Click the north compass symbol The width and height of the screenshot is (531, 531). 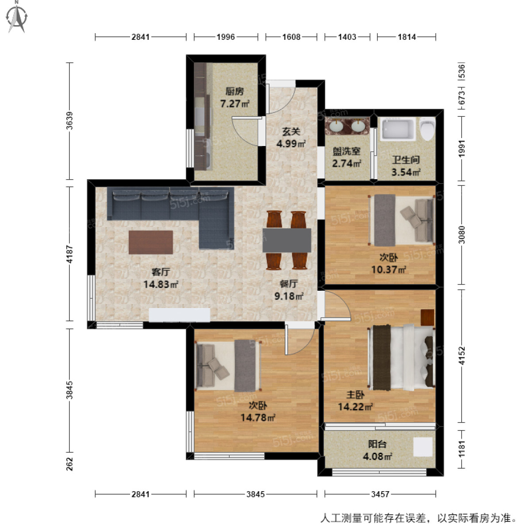pyautogui.click(x=17, y=17)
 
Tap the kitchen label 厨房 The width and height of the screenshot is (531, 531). pyautogui.click(x=235, y=92)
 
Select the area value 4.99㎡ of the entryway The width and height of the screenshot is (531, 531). pyautogui.click(x=291, y=144)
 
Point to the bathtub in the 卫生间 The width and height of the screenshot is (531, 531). pyautogui.click(x=398, y=129)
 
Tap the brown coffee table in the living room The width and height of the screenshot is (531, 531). pyautogui.click(x=150, y=242)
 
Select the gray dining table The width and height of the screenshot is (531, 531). pyautogui.click(x=287, y=240)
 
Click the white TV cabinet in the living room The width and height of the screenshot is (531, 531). pyautogui.click(x=179, y=315)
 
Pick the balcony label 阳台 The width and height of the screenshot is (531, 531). pyautogui.click(x=377, y=444)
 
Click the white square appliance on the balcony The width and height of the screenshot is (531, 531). pyautogui.click(x=423, y=447)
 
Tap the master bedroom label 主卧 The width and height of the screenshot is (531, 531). pyautogui.click(x=355, y=395)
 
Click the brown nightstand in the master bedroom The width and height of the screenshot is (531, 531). pyautogui.click(x=427, y=318)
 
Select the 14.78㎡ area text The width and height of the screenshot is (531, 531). pyautogui.click(x=258, y=417)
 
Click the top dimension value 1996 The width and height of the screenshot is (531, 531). pyautogui.click(x=226, y=37)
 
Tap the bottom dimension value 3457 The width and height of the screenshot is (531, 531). pyautogui.click(x=380, y=494)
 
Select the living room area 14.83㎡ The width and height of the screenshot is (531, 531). pyautogui.click(x=161, y=285)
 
